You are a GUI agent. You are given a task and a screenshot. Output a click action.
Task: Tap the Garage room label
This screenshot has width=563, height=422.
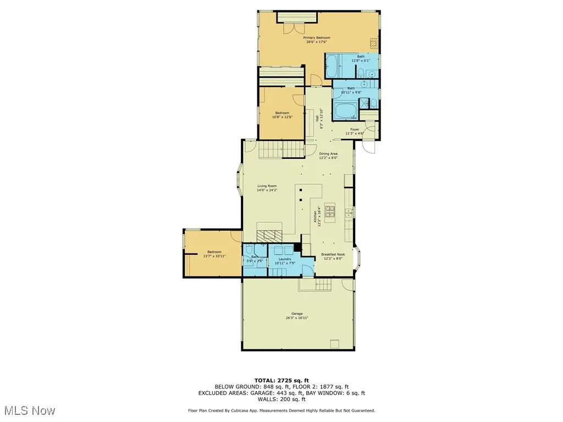pyautogui.click(x=297, y=314)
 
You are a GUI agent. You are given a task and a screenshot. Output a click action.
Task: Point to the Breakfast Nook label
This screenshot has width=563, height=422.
pyautogui.click(x=332, y=254)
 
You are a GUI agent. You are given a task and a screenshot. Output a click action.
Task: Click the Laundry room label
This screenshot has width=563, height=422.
pyautogui.click(x=285, y=259)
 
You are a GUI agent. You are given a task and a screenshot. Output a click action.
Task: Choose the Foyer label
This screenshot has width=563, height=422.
pyautogui.click(x=355, y=130)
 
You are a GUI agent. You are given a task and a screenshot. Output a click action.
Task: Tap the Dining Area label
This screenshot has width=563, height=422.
pyautogui.click(x=328, y=154)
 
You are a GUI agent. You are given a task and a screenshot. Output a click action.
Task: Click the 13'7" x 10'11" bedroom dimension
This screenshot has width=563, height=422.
pyautogui.click(x=214, y=256)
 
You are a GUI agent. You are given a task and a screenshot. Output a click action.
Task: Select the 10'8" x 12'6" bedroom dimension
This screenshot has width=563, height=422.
pyautogui.click(x=282, y=116)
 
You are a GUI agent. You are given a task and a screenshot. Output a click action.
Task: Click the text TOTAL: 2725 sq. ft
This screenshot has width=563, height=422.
pyautogui.click(x=281, y=380)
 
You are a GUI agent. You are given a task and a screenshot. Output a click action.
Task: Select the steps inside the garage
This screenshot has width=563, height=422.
pyautogui.click(x=316, y=285)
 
